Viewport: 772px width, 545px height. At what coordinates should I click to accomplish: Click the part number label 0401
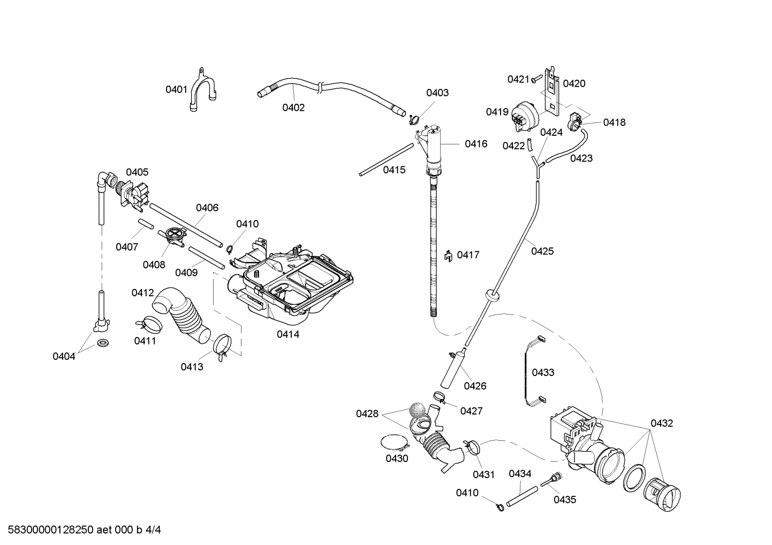(x=176, y=89)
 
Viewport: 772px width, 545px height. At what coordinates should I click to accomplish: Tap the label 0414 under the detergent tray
(x=288, y=334)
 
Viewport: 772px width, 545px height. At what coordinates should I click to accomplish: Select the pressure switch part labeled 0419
(x=524, y=116)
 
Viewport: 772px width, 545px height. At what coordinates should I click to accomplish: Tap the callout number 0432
(x=661, y=423)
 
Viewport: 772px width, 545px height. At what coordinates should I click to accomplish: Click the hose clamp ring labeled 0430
(x=395, y=443)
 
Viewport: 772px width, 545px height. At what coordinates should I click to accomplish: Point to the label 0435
(x=565, y=500)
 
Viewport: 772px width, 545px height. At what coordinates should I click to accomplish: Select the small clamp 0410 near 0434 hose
(x=498, y=506)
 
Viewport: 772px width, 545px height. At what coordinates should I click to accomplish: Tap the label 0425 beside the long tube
(x=542, y=251)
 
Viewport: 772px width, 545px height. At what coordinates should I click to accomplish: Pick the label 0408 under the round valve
(x=154, y=264)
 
